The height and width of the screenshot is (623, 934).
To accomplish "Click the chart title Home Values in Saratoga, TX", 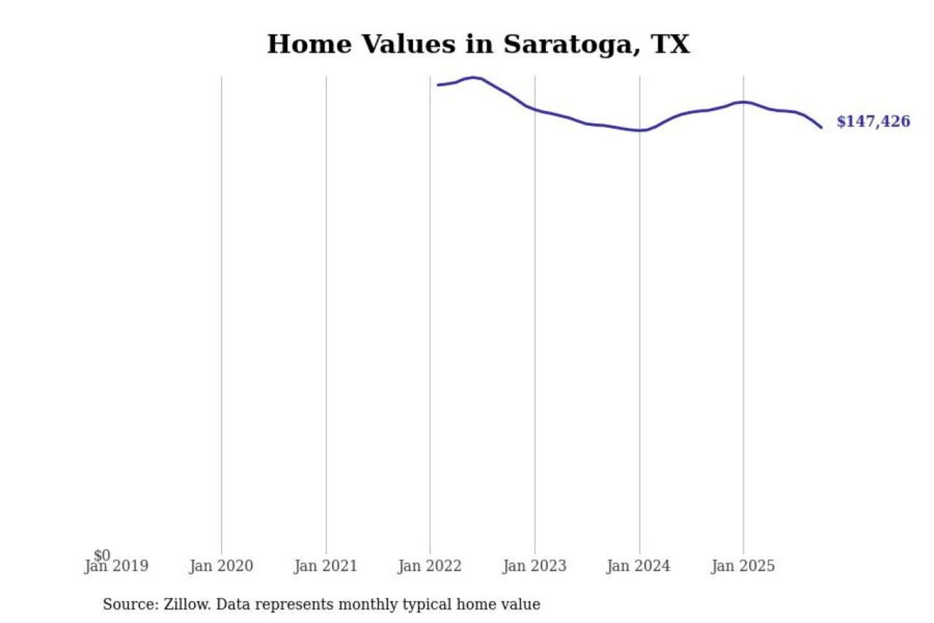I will click(x=478, y=44).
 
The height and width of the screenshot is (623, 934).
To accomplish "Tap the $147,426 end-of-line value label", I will click(x=873, y=121).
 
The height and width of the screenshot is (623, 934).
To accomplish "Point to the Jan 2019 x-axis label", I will click(x=117, y=567).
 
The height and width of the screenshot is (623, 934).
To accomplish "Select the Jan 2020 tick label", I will click(x=221, y=566).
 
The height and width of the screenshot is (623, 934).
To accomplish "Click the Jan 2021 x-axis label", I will click(x=326, y=566).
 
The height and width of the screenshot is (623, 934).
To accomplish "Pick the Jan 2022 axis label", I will click(x=429, y=566).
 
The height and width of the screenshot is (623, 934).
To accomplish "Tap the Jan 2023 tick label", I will click(x=534, y=566).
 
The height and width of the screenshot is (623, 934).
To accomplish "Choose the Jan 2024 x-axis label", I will click(x=638, y=566).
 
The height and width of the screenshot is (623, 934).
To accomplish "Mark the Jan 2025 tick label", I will click(x=743, y=566).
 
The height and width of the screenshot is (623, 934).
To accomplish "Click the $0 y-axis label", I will click(x=102, y=555).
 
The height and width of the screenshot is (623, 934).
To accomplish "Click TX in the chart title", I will click(x=670, y=44).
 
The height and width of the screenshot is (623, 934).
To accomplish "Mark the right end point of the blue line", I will click(x=822, y=127).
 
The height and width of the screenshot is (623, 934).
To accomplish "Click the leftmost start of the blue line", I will click(x=438, y=85).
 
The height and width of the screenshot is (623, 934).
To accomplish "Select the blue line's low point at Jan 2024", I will click(x=640, y=130).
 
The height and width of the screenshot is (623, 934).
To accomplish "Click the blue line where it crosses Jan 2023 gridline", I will click(x=535, y=110).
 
